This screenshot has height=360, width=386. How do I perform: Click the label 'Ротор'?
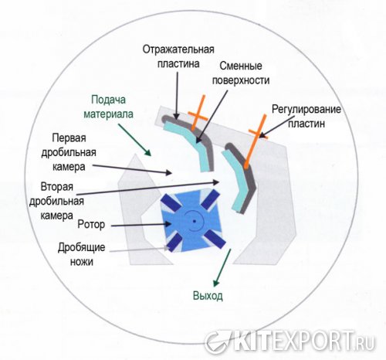[91, 224]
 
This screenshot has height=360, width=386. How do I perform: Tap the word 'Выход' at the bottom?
[208, 296]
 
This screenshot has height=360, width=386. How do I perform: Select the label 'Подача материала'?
[109, 107]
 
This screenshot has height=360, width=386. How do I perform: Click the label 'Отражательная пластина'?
[178, 56]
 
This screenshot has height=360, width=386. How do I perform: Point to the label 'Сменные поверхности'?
[241, 73]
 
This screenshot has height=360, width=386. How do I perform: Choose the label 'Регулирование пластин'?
[306, 117]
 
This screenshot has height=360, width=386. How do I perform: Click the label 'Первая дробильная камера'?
[69, 152]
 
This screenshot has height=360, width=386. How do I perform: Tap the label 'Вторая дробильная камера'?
[56, 201]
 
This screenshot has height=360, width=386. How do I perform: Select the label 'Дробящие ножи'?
[82, 254]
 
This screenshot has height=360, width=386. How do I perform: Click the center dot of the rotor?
[195, 221]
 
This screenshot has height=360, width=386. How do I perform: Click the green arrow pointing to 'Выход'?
[222, 268]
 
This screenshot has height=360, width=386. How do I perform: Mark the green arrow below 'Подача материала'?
[134, 140]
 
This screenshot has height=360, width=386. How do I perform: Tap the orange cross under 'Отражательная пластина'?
[198, 114]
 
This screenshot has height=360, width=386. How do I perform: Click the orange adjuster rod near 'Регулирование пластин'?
[256, 141]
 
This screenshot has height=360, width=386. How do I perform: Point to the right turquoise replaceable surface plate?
[235, 180]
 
